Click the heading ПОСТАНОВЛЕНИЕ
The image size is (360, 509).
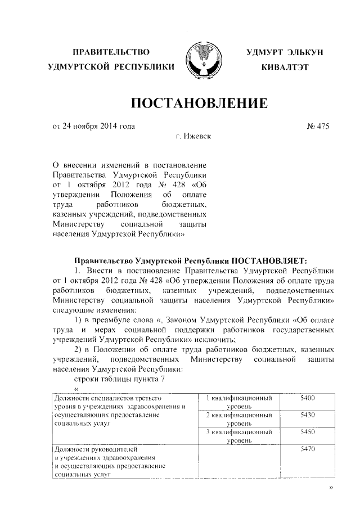pyautogui.click(x=199, y=103)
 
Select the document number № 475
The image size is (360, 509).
pyautogui.click(x=318, y=127)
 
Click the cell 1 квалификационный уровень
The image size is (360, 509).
pyautogui.click(x=240, y=402)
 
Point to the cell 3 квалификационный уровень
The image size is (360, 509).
pyautogui.click(x=240, y=436)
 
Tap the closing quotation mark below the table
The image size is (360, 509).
pyautogui.click(x=330, y=487)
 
